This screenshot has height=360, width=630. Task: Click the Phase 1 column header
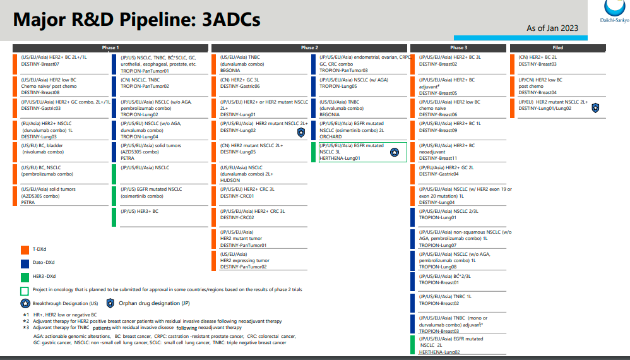pos(110,48)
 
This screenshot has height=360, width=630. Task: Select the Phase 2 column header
pos(309,48)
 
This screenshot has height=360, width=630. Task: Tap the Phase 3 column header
pos(458,48)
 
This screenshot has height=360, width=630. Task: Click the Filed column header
pos(557,48)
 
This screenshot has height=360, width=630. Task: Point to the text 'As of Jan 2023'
pos(552,28)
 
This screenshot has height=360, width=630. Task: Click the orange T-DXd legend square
pos(25,249)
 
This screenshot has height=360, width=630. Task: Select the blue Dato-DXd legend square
pos(25,262)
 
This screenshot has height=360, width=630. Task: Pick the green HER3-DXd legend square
pos(25,276)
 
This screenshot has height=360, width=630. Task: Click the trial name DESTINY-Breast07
pos(40,64)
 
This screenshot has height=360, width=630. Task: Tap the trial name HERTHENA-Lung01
pos(340,158)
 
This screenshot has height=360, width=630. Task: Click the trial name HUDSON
pos(230,180)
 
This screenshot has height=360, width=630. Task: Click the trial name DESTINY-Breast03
pos(537,64)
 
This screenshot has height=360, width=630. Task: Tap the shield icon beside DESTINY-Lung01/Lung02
pos(595,108)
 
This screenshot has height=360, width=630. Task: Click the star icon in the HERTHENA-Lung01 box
pos(395,152)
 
